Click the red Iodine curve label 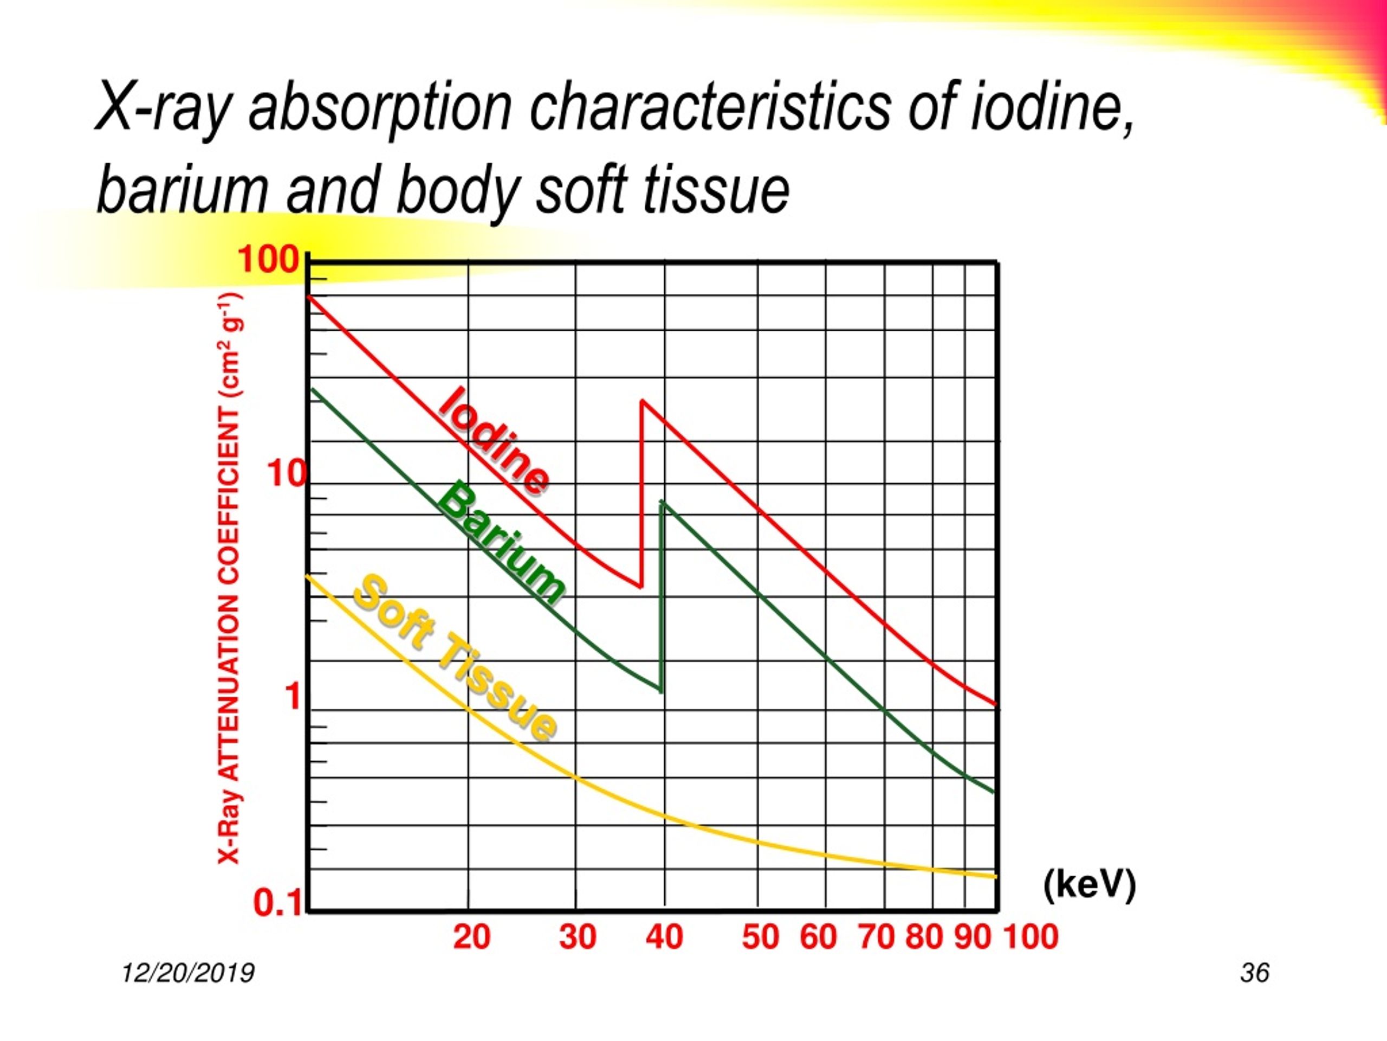pyautogui.click(x=494, y=441)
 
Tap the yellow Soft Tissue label pyautogui.click(x=455, y=658)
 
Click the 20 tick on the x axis pyautogui.click(x=471, y=937)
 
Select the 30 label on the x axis pyautogui.click(x=578, y=937)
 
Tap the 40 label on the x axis pyautogui.click(x=665, y=937)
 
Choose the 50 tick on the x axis pyautogui.click(x=760, y=937)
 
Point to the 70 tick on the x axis pyautogui.click(x=876, y=937)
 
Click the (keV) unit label pyautogui.click(x=1090, y=885)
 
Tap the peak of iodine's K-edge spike pyautogui.click(x=641, y=400)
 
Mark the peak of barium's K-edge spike pyautogui.click(x=662, y=502)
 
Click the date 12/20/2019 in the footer pyautogui.click(x=188, y=973)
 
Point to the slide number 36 pyautogui.click(x=1255, y=973)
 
